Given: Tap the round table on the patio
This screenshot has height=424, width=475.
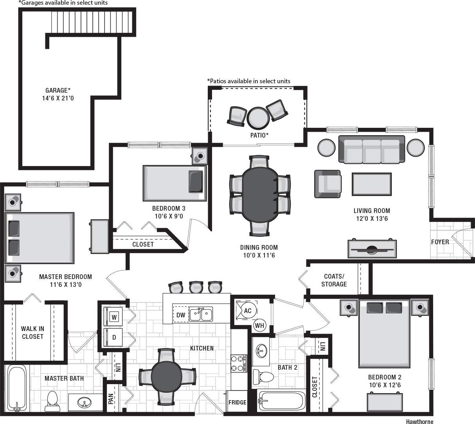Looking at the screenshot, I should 257,117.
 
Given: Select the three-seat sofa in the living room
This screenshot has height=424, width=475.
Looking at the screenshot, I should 371,150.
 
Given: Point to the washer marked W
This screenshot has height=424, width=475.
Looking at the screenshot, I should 114,317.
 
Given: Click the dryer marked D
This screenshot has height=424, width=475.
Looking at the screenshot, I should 114,337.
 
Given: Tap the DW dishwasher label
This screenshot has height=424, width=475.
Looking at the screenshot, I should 180,315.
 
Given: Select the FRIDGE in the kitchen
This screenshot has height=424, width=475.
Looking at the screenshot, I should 238,402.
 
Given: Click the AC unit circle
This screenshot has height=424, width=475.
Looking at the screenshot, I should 247,311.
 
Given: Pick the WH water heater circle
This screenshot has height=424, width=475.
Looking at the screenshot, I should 259,325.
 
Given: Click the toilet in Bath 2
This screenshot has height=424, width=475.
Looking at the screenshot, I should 264,377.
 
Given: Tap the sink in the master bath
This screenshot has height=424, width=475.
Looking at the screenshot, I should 83,402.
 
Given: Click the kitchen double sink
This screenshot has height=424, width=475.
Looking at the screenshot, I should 201,314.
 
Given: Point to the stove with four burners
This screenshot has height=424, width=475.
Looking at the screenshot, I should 239,363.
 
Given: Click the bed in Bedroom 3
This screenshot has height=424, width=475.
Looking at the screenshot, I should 175,182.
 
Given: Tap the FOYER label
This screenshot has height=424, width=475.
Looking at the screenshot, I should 440,242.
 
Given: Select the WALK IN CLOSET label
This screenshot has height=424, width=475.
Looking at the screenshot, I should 32,333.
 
